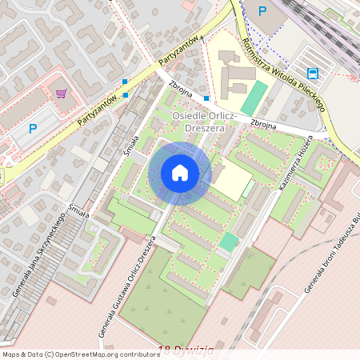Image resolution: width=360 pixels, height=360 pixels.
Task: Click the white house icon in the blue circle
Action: [180, 172]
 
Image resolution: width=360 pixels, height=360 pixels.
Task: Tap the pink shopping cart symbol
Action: [61, 94]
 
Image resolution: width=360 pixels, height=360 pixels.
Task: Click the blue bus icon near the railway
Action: [312, 74]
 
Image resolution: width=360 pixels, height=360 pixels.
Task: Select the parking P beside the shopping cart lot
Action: [33, 128]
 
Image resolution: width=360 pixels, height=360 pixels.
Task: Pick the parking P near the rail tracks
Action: [262, 10]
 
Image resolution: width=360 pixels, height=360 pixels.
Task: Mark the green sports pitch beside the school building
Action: [254, 97]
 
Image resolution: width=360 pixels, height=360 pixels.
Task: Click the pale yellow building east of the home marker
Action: [230, 179]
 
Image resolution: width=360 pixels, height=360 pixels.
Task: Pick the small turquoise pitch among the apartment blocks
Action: [230, 241]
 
